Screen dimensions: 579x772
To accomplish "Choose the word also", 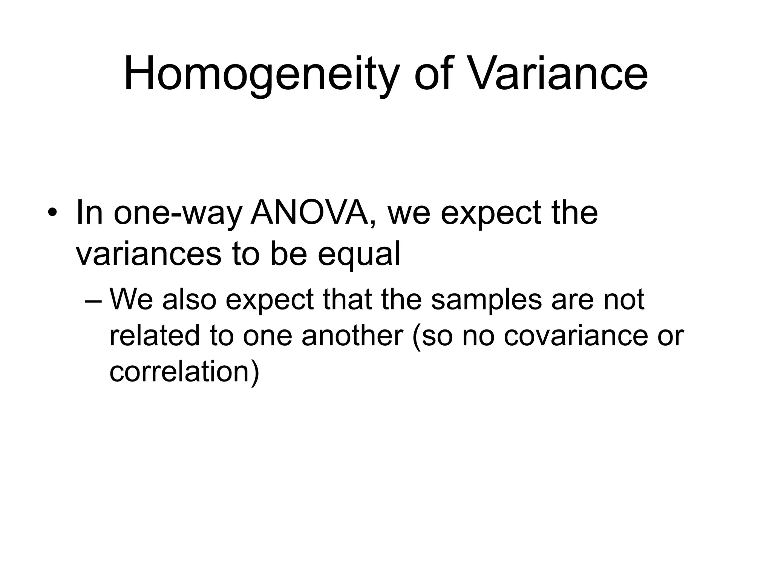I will coord(189,300).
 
